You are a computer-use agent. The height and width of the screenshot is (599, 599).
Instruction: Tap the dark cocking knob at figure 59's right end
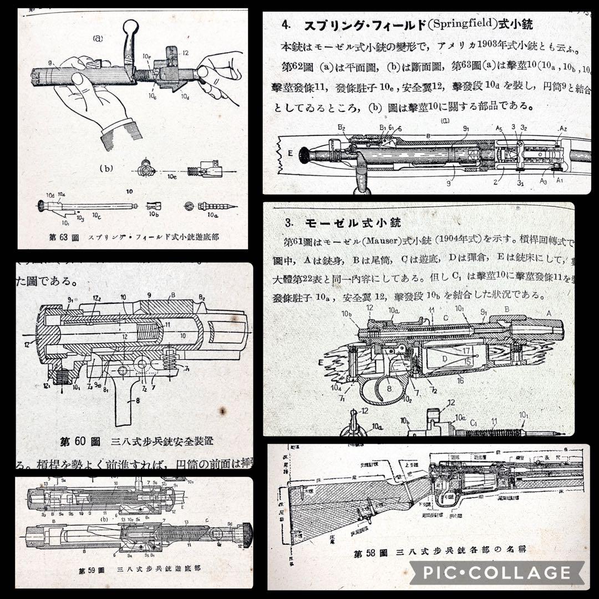pyautogui.click(x=246, y=533)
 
